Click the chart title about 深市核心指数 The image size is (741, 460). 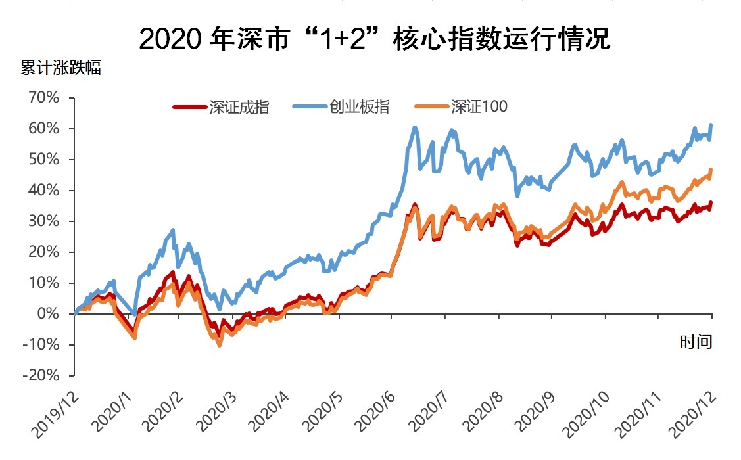pos(375,40)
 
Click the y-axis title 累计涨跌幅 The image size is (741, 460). pos(60,68)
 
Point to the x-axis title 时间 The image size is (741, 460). pos(696,342)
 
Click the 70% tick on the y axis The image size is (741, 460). pos(43,98)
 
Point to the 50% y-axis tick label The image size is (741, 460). pos(43,160)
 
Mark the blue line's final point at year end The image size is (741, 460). pos(711,125)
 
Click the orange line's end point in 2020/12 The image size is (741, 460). pos(711,170)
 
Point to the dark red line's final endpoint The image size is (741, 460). pos(711,202)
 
